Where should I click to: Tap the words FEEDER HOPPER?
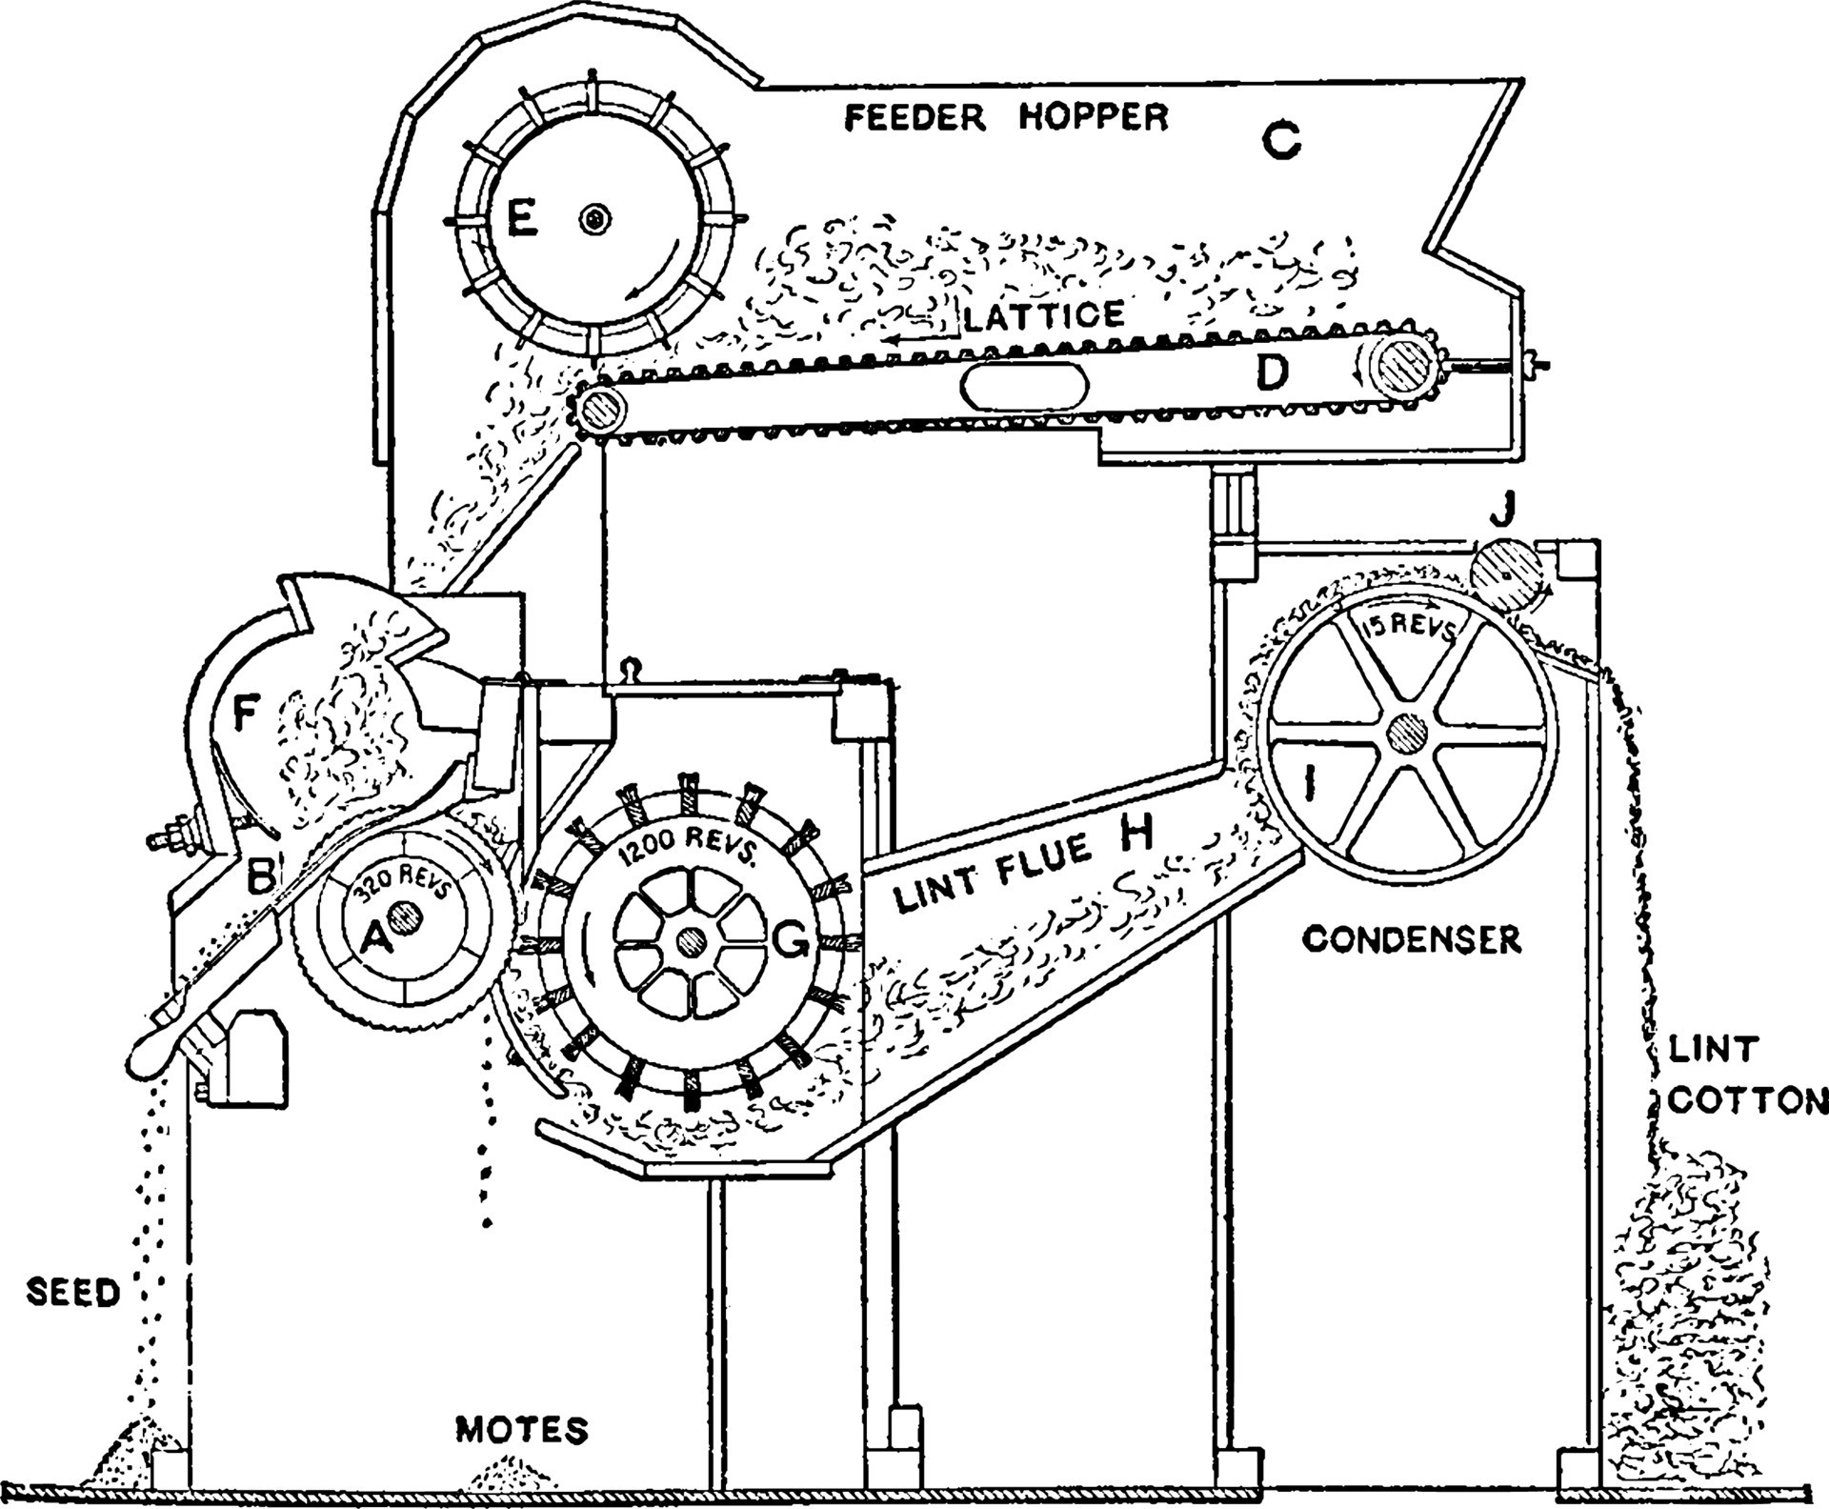pos(1007,118)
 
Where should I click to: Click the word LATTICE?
pos(1044,315)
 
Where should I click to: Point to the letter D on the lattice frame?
pos(1271,373)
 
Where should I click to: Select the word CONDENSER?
pos(1412,940)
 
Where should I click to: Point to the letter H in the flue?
pos(1136,834)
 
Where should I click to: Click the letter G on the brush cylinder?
pos(790,943)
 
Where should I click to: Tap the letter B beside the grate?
pos(259,875)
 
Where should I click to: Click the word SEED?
pos(73,1293)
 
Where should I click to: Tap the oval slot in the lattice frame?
pos(1024,388)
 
